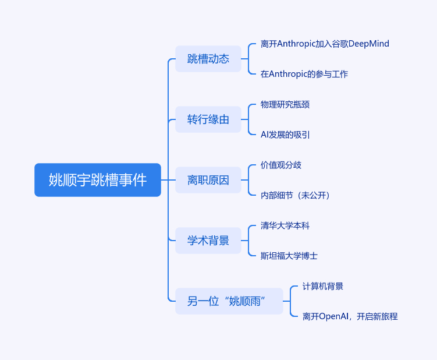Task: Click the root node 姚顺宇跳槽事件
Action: tap(98, 180)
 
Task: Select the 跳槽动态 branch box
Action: tap(208, 59)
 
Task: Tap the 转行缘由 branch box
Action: tap(208, 119)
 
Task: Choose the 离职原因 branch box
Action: tap(208, 180)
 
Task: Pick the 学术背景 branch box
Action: tap(208, 241)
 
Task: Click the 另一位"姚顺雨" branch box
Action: tap(229, 301)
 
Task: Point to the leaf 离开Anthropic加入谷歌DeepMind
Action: tap(325, 44)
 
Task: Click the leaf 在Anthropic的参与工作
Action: tap(304, 74)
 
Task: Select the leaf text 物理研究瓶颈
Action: tap(285, 104)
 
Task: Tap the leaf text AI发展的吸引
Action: tap(285, 135)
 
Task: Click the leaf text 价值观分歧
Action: tap(281, 165)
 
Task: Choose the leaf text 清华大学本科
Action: tap(285, 225)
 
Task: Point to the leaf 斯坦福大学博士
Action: tap(289, 256)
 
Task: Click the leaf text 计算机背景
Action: tap(323, 286)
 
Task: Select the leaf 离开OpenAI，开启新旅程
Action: tap(350, 316)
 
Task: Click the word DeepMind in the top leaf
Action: tap(368, 44)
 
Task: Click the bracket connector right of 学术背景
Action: tap(248, 241)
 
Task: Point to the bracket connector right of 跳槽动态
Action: tap(248, 59)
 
